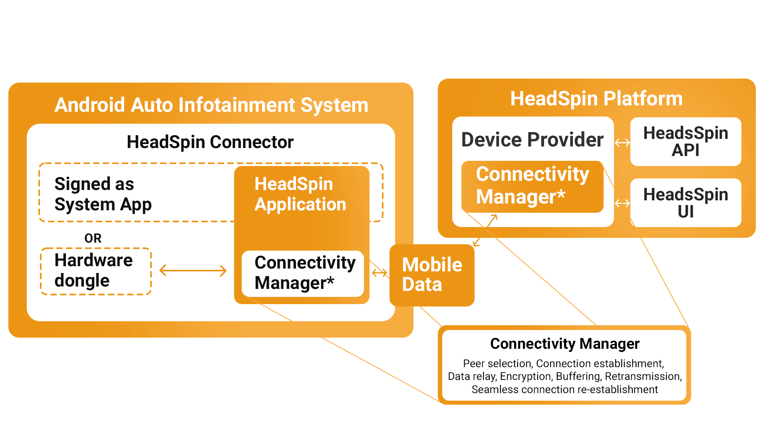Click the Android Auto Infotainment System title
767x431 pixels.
tap(211, 105)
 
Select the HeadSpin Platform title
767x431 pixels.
tap(596, 99)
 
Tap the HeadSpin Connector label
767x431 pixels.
tap(210, 142)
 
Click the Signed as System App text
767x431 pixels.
tap(103, 194)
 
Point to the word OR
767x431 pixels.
tap(93, 238)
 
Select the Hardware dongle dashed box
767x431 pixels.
tap(96, 271)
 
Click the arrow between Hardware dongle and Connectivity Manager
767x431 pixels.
tap(193, 271)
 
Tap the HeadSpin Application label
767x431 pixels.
tap(300, 194)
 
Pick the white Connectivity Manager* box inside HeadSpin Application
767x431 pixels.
tap(303, 273)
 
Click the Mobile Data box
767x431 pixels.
tap(432, 275)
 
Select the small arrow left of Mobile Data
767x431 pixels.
tap(380, 273)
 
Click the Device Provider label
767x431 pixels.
tap(532, 140)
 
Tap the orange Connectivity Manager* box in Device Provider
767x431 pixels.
tap(532, 186)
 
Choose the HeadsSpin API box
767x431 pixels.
tap(686, 142)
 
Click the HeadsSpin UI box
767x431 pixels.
tap(686, 203)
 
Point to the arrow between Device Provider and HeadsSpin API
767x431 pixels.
tap(622, 142)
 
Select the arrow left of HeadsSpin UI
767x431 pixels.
tap(622, 204)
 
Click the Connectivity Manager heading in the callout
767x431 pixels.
tap(564, 344)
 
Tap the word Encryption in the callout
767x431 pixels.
tap(526, 376)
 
